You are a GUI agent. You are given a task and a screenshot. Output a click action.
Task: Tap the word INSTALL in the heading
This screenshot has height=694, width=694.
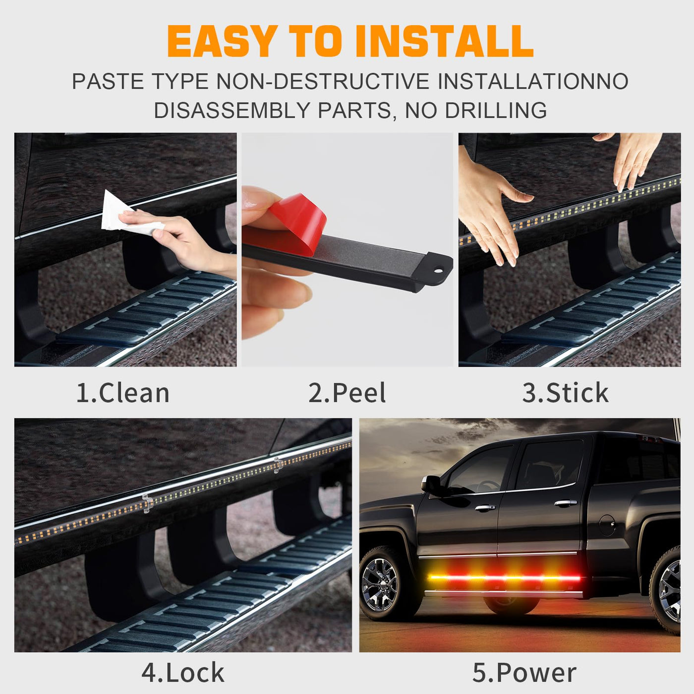(x=446, y=42)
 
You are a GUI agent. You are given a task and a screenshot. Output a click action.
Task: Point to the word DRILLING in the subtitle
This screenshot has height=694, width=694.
(x=496, y=110)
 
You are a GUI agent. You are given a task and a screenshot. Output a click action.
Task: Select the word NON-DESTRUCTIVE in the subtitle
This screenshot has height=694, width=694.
(x=322, y=81)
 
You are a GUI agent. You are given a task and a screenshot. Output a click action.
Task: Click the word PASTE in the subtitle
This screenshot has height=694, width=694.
(x=108, y=81)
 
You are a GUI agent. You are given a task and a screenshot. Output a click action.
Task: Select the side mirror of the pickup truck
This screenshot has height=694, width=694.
(x=431, y=484)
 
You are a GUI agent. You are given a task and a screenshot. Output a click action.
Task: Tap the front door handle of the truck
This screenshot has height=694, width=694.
(x=485, y=508)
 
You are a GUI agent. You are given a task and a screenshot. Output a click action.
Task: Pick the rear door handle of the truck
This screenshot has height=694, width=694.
(x=566, y=503)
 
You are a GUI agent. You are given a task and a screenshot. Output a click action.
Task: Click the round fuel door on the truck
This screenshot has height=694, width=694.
(x=608, y=525)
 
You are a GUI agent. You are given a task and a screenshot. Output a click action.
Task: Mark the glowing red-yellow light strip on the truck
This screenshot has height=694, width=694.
(x=504, y=578)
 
